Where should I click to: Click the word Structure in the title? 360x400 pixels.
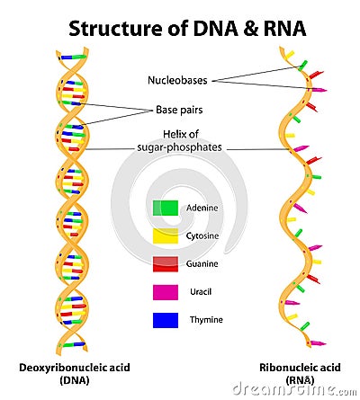tap(114, 29)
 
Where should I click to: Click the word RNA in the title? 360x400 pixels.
tap(284, 29)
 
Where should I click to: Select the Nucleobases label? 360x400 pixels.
tap(177, 80)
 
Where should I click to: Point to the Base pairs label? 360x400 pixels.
tap(179, 110)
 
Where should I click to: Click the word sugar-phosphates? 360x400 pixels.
tap(179, 147)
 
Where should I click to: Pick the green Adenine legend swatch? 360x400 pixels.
tap(166, 209)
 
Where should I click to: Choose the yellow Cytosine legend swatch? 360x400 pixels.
tap(166, 236)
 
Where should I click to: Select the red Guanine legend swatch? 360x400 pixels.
tap(166, 264)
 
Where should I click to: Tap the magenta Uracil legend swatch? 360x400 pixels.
tap(166, 292)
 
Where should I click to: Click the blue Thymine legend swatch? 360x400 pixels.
tap(166, 320)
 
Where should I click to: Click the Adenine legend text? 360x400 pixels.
tap(202, 208)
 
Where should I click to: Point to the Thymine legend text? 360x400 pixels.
tap(206, 320)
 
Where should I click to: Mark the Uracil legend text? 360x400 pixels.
tap(201, 291)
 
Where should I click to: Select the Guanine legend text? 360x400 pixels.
tap(202, 263)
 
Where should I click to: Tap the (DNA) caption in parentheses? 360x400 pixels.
tap(75, 380)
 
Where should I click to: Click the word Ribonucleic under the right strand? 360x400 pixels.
tap(284, 368)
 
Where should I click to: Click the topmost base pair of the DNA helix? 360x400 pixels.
tap(72, 57)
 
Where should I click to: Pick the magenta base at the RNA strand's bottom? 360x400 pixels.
tap(318, 343)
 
